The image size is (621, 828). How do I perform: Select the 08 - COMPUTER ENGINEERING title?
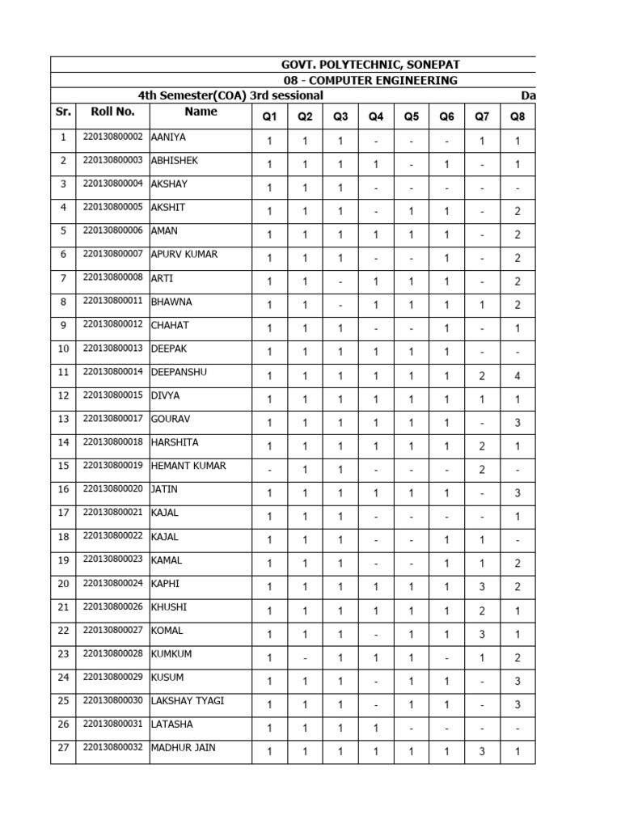click(x=370, y=80)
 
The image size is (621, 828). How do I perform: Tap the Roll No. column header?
click(x=112, y=112)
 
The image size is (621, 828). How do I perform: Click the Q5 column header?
click(x=412, y=116)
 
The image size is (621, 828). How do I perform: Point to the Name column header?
click(x=201, y=112)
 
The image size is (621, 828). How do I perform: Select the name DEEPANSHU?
click(x=180, y=372)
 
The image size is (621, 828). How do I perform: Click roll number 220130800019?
click(x=112, y=466)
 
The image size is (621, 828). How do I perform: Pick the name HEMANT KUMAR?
click(x=188, y=466)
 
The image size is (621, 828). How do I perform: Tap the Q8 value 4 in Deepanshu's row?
click(x=517, y=376)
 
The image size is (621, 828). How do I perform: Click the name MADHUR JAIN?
click(x=183, y=747)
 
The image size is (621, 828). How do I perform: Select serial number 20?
click(x=63, y=584)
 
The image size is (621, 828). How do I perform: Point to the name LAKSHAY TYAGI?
click(x=188, y=700)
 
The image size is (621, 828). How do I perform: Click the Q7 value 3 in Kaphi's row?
click(x=482, y=587)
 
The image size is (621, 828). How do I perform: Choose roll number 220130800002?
click(x=112, y=137)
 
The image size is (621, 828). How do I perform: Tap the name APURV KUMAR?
click(x=184, y=255)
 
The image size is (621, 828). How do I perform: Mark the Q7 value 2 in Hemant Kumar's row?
click(x=482, y=470)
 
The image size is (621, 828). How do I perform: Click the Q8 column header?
click(x=517, y=116)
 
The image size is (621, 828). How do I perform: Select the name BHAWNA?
click(x=171, y=302)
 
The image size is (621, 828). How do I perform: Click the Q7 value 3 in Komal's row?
click(x=482, y=634)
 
